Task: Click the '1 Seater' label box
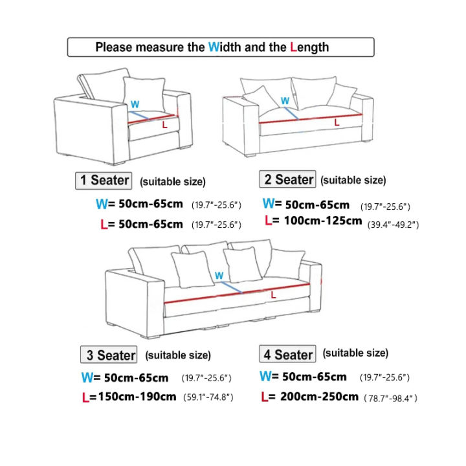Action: coord(105,181)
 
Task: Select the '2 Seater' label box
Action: coord(287,179)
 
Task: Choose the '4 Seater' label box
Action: coord(287,354)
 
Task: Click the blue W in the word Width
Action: coord(214,47)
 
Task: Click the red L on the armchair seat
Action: coord(164,124)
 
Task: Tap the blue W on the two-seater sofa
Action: coord(285,101)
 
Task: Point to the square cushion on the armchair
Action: coord(143,94)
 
